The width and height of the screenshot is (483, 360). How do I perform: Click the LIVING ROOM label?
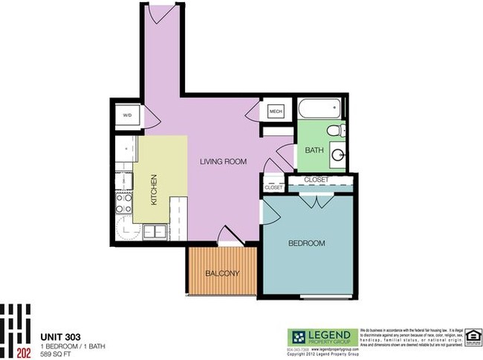pos(223,161)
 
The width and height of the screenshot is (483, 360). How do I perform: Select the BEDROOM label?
pos(307,243)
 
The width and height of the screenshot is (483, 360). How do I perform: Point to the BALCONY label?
pos(223,274)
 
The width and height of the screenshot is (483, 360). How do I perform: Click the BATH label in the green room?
pos(314,150)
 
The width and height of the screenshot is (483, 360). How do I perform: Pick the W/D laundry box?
pos(127,115)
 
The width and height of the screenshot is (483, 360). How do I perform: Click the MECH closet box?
pos(276,112)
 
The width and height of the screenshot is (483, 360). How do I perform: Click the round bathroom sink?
pos(338,156)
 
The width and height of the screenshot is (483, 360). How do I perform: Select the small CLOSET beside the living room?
pos(273,187)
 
